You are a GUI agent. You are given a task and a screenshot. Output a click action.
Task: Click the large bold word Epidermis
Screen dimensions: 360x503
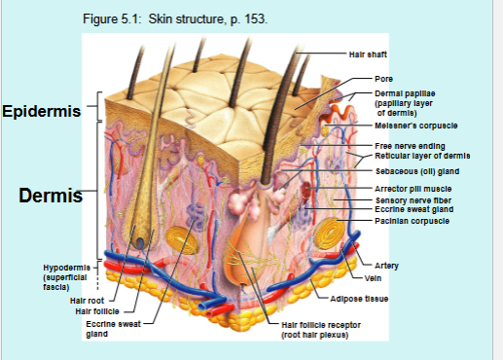coord(41,111)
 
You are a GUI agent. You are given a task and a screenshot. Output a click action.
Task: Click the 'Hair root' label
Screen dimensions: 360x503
coord(89,301)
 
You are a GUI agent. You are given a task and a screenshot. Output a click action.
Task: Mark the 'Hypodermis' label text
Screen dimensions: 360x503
coord(66,267)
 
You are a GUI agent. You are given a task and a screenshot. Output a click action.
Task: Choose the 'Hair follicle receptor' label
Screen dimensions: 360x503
coord(323,324)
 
